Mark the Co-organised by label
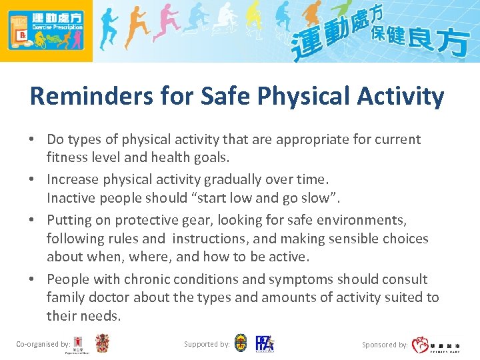click(43, 345)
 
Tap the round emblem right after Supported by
click(241, 344)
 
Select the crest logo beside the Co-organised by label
click(102, 344)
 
